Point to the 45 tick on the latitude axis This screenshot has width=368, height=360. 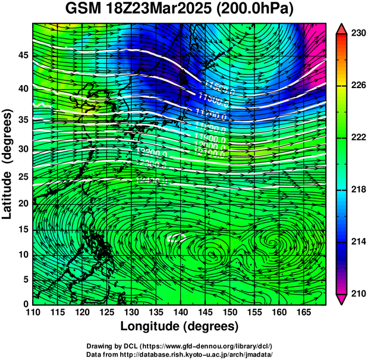pos(23,55)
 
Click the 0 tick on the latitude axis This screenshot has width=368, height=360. pos(26,304)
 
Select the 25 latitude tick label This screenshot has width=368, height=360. pos(23,176)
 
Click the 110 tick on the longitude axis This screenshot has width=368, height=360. pos(33,312)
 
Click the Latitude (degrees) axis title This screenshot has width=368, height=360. pos(8,163)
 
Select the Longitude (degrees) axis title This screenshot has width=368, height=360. pos(180,326)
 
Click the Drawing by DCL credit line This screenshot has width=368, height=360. pos(180,346)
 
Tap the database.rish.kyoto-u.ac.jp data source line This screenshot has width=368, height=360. pos(180,353)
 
